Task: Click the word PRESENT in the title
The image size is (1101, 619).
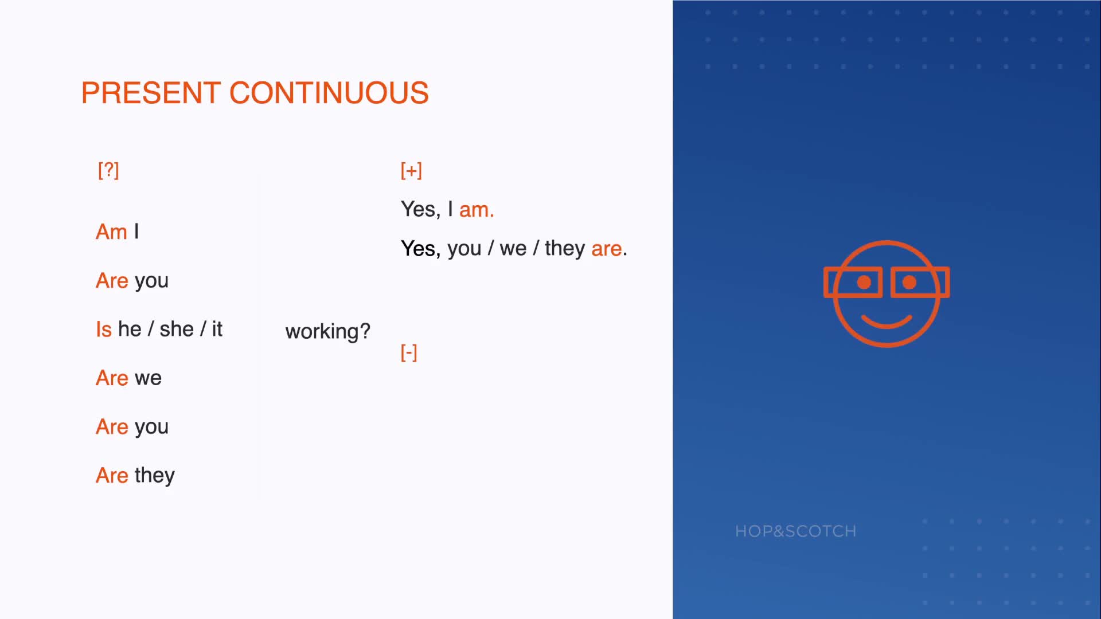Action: pos(151,93)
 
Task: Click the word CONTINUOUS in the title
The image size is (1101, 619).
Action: pos(329,93)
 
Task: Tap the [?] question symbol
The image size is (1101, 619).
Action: pos(108,170)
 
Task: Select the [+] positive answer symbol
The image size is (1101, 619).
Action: pos(411,170)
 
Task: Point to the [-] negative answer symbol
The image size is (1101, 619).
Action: pos(409,352)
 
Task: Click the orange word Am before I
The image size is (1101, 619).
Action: pos(111,232)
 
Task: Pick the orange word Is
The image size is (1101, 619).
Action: pos(104,330)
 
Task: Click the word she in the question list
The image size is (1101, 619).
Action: pos(177,330)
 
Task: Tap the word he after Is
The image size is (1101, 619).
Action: pos(130,330)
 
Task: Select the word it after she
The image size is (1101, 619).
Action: pos(217,330)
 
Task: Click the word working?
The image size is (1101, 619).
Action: pos(328,332)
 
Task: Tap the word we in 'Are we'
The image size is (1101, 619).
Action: pos(148,378)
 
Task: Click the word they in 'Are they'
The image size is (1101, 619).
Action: pos(155,476)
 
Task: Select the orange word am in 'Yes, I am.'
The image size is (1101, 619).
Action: pos(477,210)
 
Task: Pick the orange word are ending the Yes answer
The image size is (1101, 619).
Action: pos(607,249)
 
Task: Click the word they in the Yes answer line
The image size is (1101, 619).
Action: pos(565,249)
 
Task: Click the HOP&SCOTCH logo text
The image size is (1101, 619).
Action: pos(796,531)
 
